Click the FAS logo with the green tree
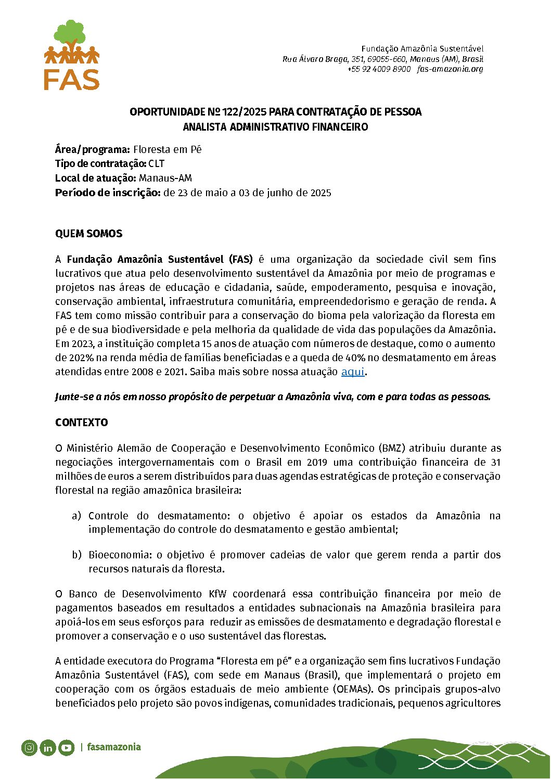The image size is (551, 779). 71,55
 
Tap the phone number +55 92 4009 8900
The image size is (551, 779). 379,69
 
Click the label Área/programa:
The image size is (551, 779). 92,150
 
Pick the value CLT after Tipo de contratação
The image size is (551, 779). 156,164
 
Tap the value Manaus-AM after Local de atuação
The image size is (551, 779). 165,178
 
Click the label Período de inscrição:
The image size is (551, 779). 107,193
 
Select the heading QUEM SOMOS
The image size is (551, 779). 88,234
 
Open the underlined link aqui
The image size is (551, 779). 353,372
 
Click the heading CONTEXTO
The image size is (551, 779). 81,423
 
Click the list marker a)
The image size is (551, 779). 76,516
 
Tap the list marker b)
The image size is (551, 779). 76,555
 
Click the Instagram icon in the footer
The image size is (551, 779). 30,748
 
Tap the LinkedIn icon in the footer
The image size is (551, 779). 48,748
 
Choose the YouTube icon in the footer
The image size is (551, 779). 66,748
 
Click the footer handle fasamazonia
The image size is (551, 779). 113,747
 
